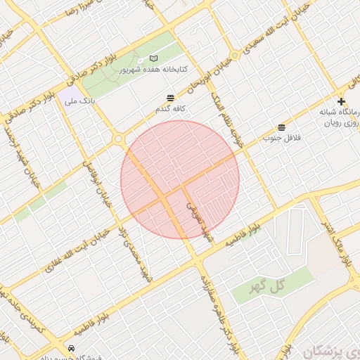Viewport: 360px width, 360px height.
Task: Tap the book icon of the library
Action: pyautogui.click(x=154, y=59)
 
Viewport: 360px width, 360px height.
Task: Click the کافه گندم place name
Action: pyautogui.click(x=171, y=110)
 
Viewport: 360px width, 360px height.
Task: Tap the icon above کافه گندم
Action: pyautogui.click(x=170, y=98)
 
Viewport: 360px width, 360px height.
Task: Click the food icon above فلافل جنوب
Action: pyautogui.click(x=282, y=127)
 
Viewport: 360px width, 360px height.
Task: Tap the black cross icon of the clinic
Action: pyautogui.click(x=341, y=102)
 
